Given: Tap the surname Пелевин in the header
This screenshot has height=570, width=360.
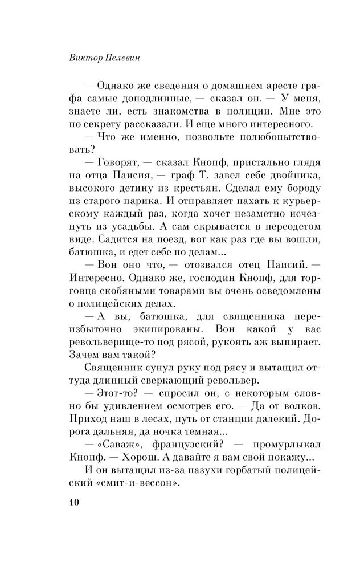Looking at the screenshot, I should [x=119, y=58].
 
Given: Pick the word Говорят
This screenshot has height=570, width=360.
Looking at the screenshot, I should [x=119, y=163].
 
